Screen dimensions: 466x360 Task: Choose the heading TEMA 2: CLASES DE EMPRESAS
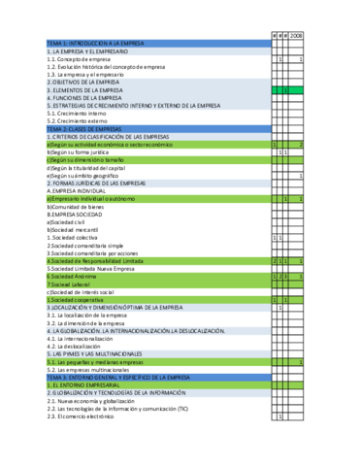(87, 128)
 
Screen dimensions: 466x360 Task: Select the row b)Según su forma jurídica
(87, 151)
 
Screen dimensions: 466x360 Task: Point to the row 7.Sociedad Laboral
(79, 284)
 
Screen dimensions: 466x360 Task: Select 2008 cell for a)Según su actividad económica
(296, 144)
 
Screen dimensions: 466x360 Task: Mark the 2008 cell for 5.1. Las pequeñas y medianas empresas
(296, 361)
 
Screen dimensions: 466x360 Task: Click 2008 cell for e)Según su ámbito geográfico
(296, 176)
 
